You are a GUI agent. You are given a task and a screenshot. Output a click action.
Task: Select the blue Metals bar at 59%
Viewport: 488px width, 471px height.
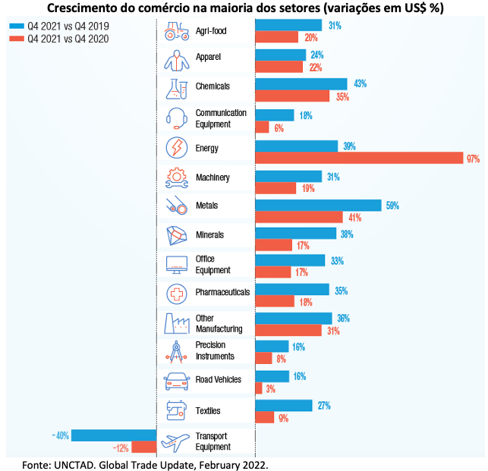(x=318, y=205)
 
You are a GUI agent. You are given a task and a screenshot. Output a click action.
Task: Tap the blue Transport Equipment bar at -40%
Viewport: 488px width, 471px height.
(x=114, y=435)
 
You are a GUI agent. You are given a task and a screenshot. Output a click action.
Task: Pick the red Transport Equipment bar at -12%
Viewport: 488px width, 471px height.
(x=144, y=447)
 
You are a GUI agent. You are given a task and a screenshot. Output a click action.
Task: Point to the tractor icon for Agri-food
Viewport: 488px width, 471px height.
(x=176, y=32)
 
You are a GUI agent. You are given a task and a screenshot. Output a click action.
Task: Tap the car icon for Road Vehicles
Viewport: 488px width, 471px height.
(x=176, y=379)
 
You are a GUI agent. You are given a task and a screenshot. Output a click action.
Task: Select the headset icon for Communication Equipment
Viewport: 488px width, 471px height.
(x=176, y=118)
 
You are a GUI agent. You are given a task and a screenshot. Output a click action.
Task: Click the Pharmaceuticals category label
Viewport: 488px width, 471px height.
(x=222, y=292)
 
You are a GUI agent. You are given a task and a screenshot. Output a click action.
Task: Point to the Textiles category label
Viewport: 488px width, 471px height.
(x=208, y=411)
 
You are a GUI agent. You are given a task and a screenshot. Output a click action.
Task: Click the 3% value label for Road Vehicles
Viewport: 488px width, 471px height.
(x=270, y=389)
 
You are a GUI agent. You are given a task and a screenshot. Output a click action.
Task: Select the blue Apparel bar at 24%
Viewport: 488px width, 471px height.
(x=280, y=55)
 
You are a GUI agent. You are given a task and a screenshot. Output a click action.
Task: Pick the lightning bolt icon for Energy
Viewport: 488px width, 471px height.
(x=176, y=147)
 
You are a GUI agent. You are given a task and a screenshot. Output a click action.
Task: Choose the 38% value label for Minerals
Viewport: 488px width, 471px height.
(x=348, y=234)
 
